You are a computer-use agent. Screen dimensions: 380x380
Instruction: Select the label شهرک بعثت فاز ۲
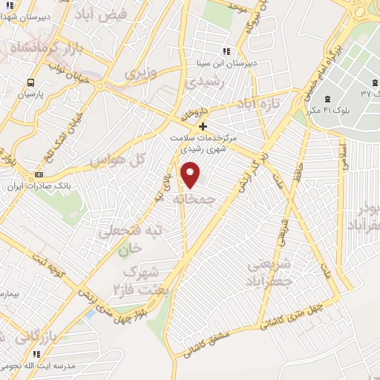point(139,278)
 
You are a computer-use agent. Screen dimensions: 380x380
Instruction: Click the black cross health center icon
point(203,126)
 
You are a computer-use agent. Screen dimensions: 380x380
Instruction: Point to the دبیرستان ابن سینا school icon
point(226,51)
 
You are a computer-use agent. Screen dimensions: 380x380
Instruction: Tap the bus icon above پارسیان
point(31,82)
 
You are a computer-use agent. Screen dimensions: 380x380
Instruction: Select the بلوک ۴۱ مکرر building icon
point(327,99)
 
